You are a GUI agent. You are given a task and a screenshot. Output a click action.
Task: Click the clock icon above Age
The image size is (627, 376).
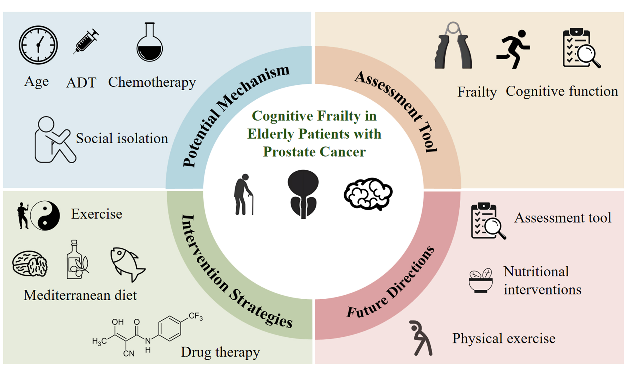[38, 45]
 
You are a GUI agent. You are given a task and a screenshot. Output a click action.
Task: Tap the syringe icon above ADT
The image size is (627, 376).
[86, 42]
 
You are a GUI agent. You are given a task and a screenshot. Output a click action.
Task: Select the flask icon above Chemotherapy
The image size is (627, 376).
[150, 43]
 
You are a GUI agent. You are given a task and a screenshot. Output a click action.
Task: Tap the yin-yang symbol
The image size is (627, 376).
[45, 216]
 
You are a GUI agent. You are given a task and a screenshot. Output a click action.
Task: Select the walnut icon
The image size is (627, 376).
[30, 263]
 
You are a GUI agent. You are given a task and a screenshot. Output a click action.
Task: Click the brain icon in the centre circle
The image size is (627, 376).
[368, 194]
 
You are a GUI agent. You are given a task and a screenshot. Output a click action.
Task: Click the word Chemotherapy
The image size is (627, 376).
[152, 82]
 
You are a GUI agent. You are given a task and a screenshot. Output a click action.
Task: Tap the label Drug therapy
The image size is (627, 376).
[220, 352]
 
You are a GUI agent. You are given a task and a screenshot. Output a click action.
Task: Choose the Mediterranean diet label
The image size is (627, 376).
[80, 295]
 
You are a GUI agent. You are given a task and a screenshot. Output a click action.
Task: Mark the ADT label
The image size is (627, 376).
[81, 82]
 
